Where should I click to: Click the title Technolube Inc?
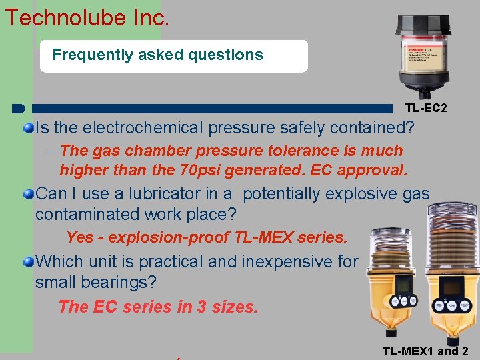coord(87,17)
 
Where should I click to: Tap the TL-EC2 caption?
coord(426,107)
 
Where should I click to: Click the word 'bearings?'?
coord(120,282)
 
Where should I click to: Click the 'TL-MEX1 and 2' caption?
coord(425,351)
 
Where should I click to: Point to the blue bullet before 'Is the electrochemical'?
coord(29,127)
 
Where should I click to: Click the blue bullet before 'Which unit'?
coord(29,262)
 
